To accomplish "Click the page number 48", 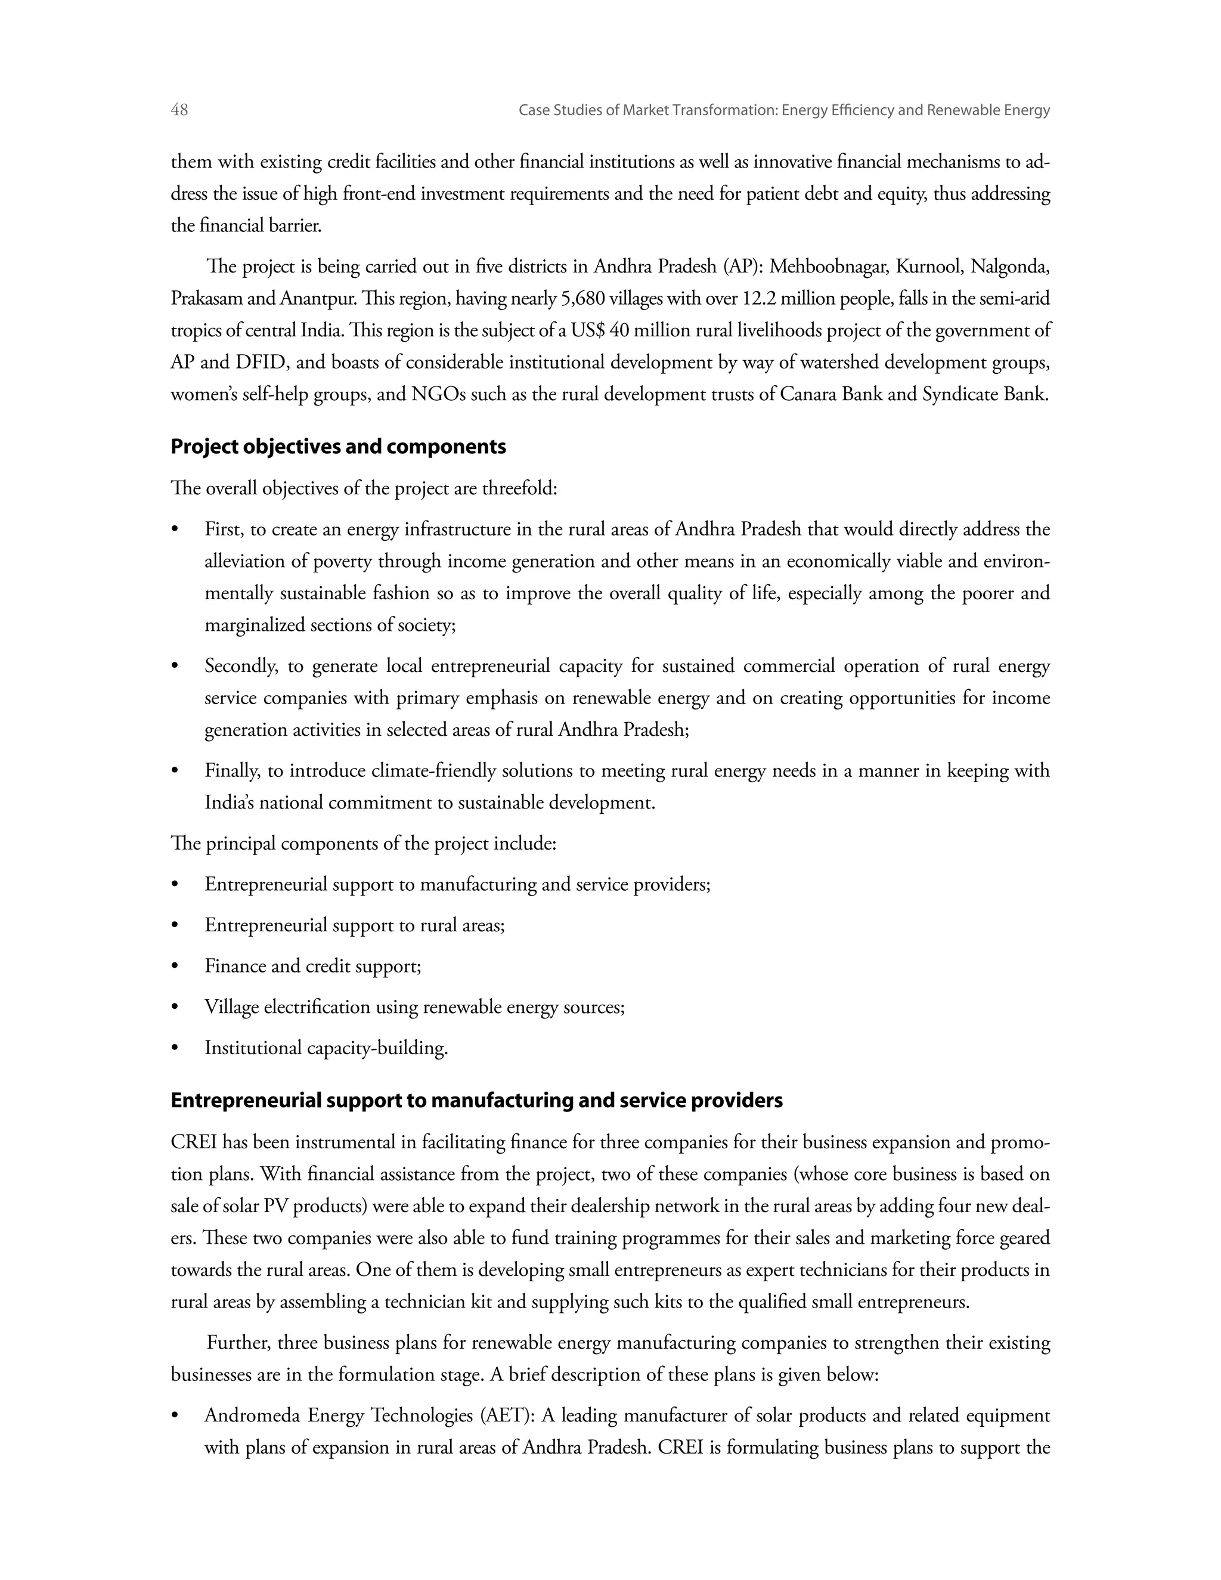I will pyautogui.click(x=179, y=110).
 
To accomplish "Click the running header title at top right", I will pyautogui.click(x=784, y=111).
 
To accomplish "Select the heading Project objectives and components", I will pyautogui.click(x=338, y=447).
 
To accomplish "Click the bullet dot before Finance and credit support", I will pyautogui.click(x=174, y=967).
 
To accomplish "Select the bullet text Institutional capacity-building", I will pyautogui.click(x=326, y=1048).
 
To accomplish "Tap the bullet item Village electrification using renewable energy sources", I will pyautogui.click(x=414, y=1007).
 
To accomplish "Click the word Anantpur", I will pyautogui.click(x=318, y=299).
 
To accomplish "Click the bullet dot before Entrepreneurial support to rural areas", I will pyautogui.click(x=174, y=927).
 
